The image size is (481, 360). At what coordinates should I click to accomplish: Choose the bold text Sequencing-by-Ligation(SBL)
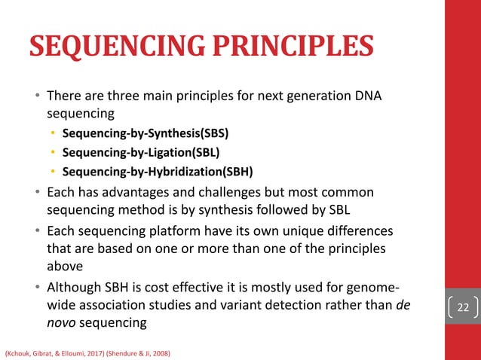pos(141,152)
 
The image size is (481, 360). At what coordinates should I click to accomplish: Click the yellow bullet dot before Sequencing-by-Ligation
pos(53,152)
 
